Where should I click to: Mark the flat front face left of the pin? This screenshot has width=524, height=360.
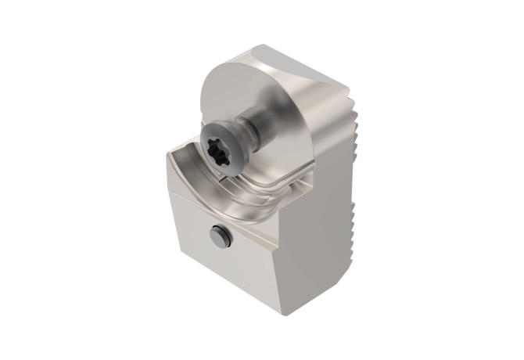192,235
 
